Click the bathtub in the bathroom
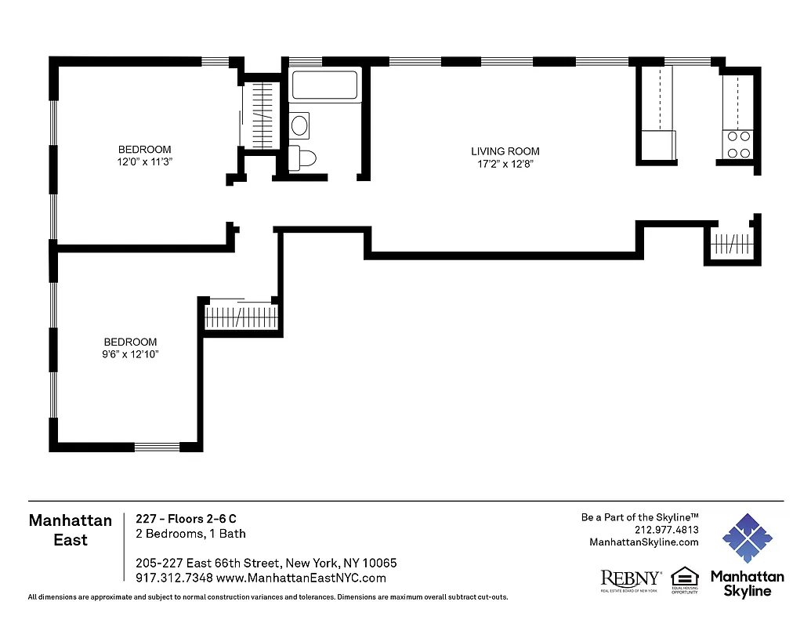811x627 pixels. pos(325,86)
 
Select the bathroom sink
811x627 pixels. pos(299,125)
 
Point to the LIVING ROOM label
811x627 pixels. pos(505,151)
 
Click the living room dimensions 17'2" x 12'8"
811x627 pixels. pos(505,164)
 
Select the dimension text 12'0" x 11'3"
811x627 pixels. pos(144,161)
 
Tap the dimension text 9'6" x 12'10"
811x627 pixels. pos(131,354)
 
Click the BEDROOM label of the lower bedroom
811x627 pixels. pos(131,342)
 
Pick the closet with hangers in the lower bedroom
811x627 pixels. pos(241,318)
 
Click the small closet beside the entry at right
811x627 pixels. pos(730,245)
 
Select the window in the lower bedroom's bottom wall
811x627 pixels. pos(157,448)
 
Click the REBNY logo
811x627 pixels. pos(630,580)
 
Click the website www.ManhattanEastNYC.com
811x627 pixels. pos(301,578)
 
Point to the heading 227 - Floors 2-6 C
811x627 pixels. pos(186,519)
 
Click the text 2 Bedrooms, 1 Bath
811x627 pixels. pos(190,534)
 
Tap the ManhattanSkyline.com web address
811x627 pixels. pos(643,542)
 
